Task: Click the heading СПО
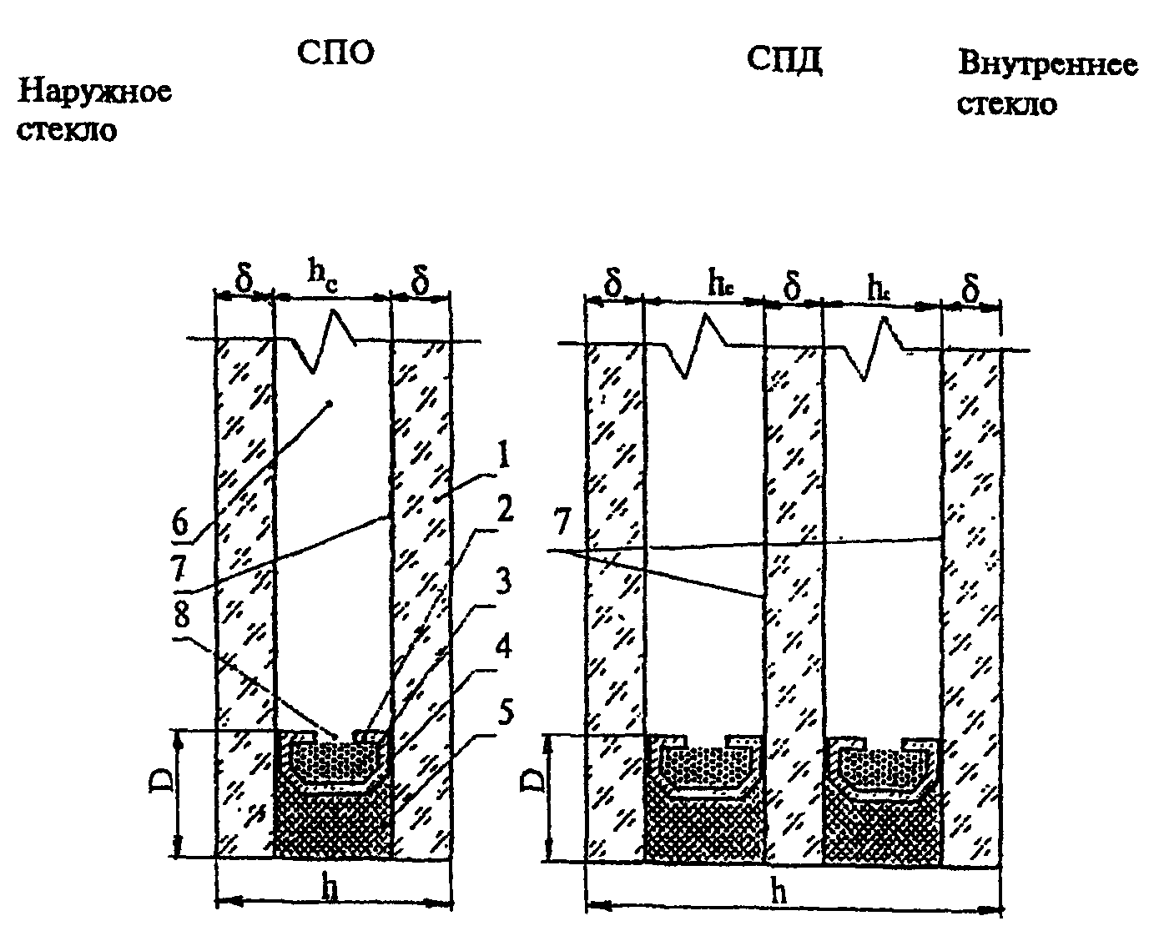[x=335, y=53]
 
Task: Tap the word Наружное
[x=94, y=91]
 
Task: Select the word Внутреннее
[x=1047, y=64]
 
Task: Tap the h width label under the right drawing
[x=779, y=893]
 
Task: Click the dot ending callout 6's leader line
[x=330, y=404]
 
